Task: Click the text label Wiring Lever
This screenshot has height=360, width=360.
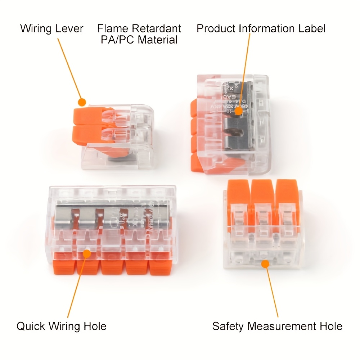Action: pyautogui.click(x=51, y=28)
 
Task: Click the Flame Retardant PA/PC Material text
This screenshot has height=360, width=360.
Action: pyautogui.click(x=139, y=34)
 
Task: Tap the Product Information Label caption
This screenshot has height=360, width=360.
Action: pyautogui.click(x=261, y=28)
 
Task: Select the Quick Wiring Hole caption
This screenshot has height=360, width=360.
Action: pyautogui.click(x=61, y=327)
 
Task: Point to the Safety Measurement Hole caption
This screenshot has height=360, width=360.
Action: pyautogui.click(x=277, y=327)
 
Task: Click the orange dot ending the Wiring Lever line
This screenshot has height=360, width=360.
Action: pyautogui.click(x=82, y=102)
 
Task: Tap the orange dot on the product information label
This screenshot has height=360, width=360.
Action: pyautogui.click(x=238, y=112)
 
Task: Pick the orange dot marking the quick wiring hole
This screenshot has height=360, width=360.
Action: pyautogui.click(x=87, y=254)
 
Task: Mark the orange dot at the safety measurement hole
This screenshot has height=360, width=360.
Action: pyautogui.click(x=265, y=264)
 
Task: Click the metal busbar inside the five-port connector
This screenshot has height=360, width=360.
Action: pyautogui.click(x=108, y=218)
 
